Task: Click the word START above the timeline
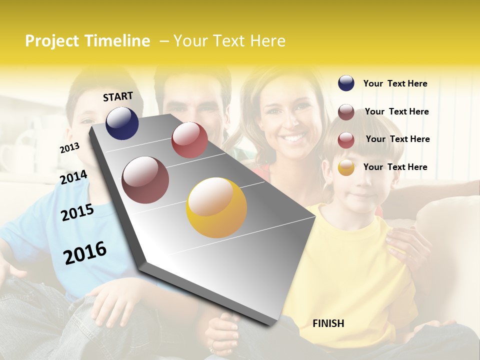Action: coord(118,96)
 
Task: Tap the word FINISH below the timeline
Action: coord(328,323)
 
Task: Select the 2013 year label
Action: coord(69,148)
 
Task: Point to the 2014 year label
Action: coord(73,177)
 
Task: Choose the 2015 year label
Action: coord(77,212)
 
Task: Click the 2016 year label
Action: coord(85,253)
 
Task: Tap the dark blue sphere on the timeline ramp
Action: coord(122,123)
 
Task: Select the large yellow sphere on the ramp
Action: coord(216,207)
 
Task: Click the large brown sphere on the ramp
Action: coord(145,180)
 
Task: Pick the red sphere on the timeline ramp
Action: coord(189,140)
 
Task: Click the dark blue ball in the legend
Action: coord(346,83)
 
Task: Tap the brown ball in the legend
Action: coord(346,112)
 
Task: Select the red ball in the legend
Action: coord(346,140)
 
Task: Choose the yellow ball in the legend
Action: coord(346,167)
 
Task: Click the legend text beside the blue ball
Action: coord(395,83)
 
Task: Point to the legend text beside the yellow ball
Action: coord(395,167)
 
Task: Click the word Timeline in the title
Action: coord(117,41)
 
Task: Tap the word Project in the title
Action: coord(52,41)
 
